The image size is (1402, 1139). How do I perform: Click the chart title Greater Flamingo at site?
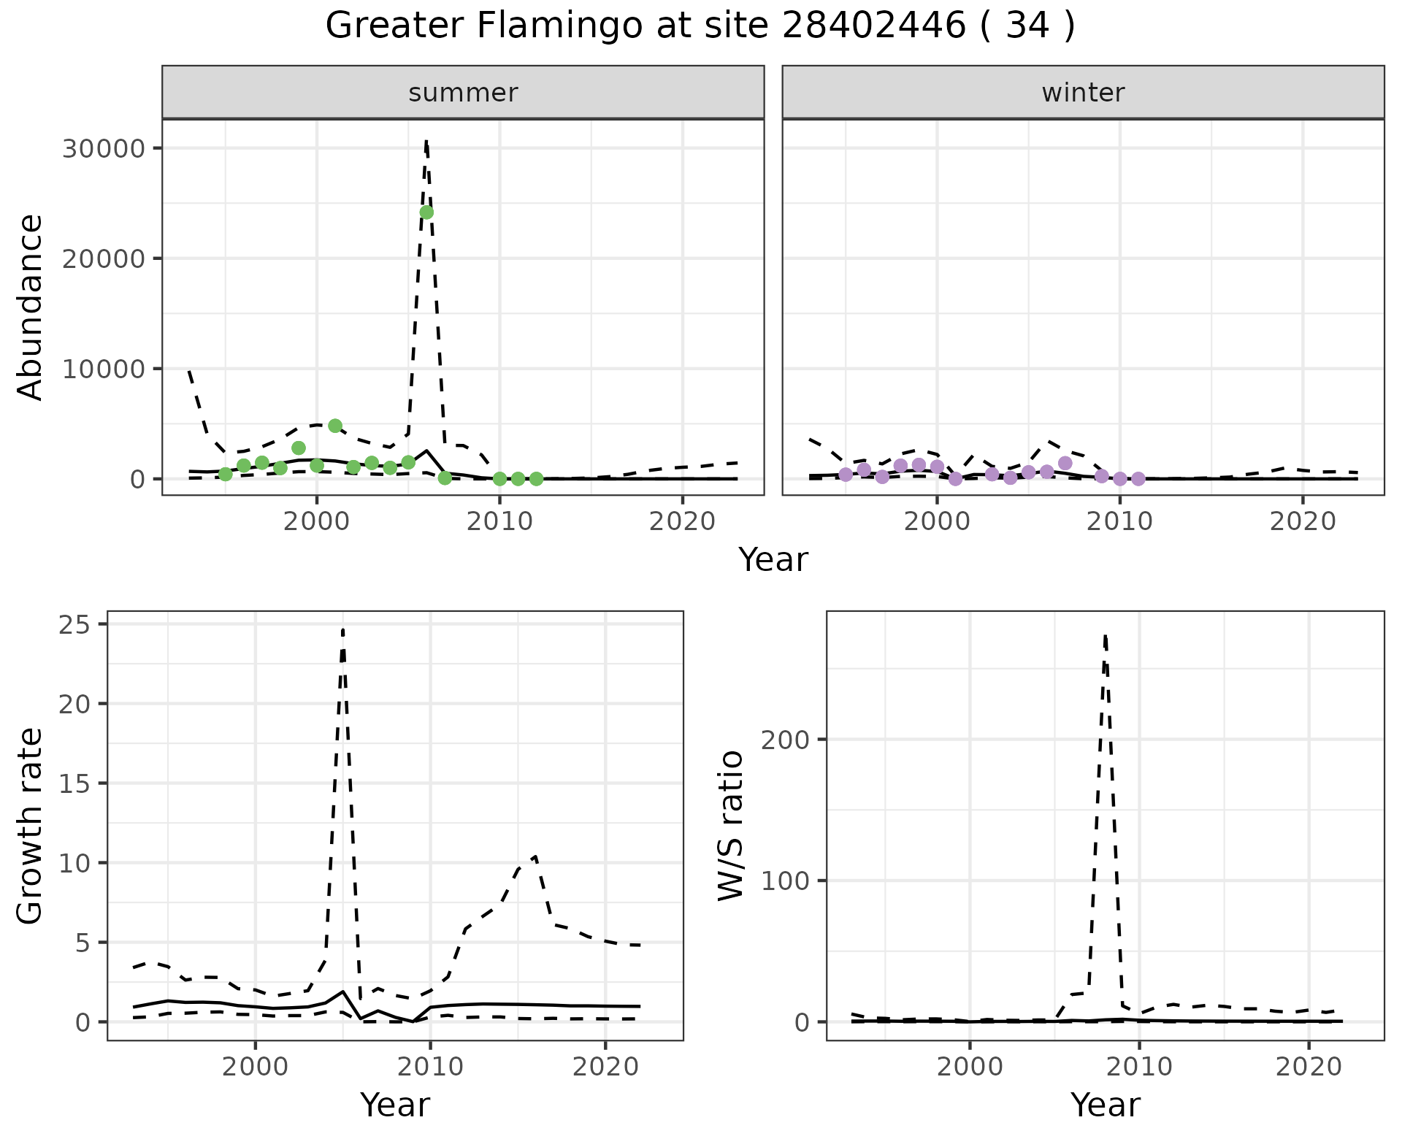pyautogui.click(x=700, y=26)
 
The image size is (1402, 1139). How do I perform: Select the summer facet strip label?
pyautogui.click(x=463, y=93)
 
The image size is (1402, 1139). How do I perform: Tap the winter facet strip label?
pyautogui.click(x=1083, y=93)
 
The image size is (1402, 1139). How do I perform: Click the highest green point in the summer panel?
pyautogui.click(x=426, y=212)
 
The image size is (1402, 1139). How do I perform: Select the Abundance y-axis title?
pyautogui.click(x=31, y=307)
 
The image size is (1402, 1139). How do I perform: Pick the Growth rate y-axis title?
pyautogui.click(x=31, y=825)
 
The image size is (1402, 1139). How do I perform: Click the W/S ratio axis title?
pyautogui.click(x=730, y=825)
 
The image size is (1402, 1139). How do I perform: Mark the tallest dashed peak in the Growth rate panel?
pyautogui.click(x=342, y=629)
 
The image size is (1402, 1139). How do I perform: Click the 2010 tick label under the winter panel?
pyautogui.click(x=1119, y=521)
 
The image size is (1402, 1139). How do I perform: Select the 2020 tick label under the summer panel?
pyautogui.click(x=681, y=521)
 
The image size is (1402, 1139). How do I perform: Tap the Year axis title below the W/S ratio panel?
pyautogui.click(x=1105, y=1105)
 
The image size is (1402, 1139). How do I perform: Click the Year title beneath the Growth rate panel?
pyautogui.click(x=395, y=1105)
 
